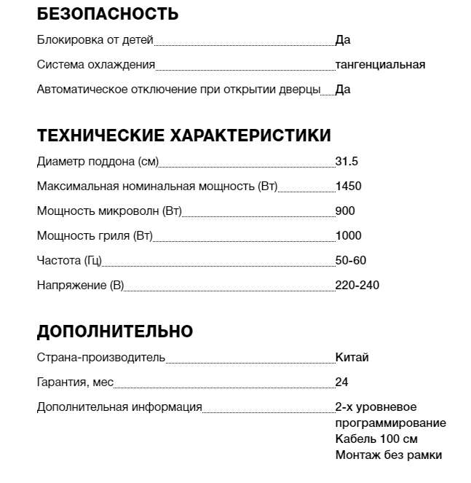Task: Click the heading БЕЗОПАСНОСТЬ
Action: (107, 14)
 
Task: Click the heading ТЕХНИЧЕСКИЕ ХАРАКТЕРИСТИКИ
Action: (183, 136)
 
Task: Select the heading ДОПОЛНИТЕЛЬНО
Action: (114, 331)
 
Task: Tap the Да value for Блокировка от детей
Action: (343, 40)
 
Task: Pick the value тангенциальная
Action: (380, 65)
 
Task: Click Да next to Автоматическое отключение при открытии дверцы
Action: (343, 90)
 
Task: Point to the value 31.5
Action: (347, 161)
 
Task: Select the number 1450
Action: (348, 186)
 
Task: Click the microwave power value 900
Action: (345, 211)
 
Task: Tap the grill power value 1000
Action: (348, 235)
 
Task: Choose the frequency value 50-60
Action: (351, 260)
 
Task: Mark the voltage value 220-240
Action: (357, 285)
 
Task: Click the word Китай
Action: (352, 358)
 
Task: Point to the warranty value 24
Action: (342, 382)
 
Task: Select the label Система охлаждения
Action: (96, 65)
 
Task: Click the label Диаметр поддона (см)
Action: (98, 161)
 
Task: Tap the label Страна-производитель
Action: (101, 358)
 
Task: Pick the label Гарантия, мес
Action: (75, 382)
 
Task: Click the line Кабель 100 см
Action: (376, 439)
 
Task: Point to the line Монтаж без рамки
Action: (389, 455)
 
